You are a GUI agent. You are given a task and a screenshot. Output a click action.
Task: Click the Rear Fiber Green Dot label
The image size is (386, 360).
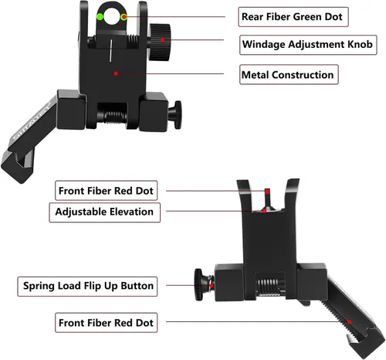click(x=293, y=17)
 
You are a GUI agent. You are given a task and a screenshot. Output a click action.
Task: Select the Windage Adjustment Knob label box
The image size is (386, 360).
click(x=308, y=45)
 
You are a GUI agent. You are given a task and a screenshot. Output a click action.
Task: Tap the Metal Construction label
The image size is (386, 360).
click(x=289, y=75)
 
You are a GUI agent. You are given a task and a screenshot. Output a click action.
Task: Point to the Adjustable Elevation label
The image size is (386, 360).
click(x=104, y=212)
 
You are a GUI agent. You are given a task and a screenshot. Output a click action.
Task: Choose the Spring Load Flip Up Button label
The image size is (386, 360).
click(x=87, y=287)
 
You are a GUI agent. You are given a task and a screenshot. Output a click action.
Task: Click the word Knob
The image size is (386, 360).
click(x=360, y=44)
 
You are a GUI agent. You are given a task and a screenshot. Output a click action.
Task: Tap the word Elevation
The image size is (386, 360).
click(x=131, y=212)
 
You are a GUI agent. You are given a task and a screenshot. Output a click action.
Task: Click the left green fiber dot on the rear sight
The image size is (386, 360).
click(x=100, y=17)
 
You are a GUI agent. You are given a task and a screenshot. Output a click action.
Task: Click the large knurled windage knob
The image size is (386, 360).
click(x=160, y=42)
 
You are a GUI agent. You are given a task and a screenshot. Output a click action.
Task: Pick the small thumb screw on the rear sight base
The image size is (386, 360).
click(x=175, y=115)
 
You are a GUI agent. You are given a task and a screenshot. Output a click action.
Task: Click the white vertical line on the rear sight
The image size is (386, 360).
click(x=110, y=50)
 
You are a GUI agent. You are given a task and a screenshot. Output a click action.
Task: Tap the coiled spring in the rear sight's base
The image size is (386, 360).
click(x=116, y=117)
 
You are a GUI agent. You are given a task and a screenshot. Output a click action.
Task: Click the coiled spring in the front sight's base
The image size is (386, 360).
click(x=269, y=287)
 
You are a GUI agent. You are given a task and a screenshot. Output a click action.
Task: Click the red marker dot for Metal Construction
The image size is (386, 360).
click(x=116, y=73)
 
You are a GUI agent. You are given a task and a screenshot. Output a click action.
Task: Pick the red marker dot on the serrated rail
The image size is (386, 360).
click(x=349, y=322)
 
